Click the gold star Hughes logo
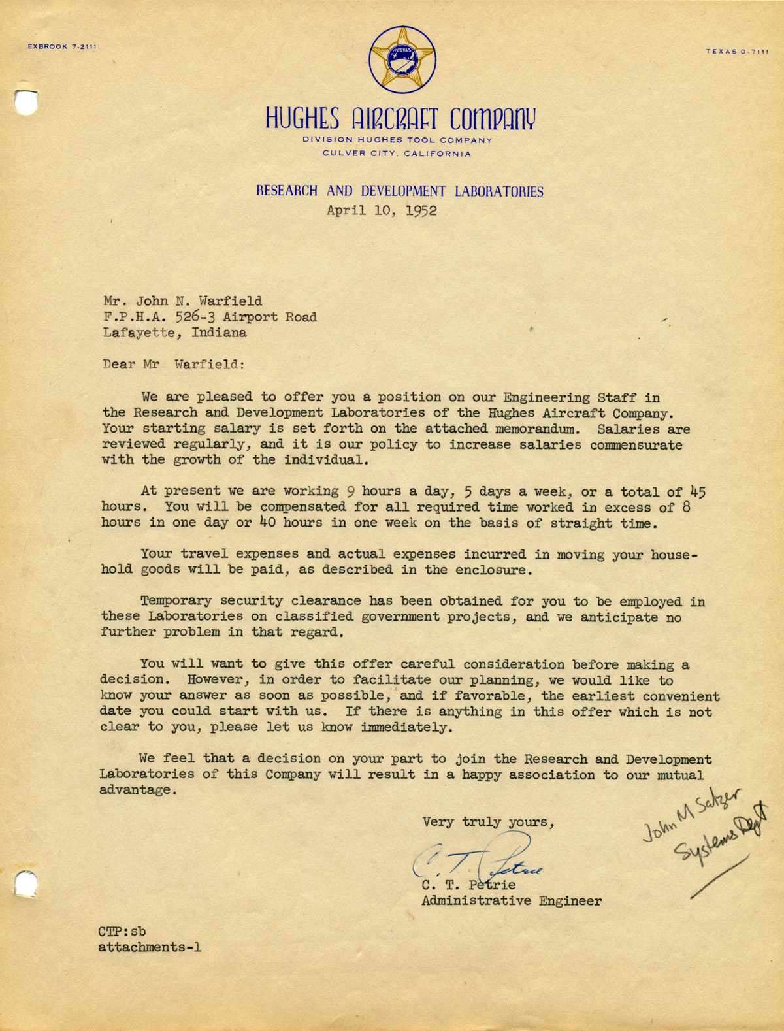coord(401,59)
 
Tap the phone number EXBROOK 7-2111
coord(62,47)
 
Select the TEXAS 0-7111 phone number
coord(737,52)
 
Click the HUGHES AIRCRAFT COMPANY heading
coord(400,119)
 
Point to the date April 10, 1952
coord(382,211)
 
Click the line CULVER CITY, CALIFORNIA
coord(397,154)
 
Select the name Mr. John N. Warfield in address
coord(182,301)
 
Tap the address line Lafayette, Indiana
coord(174,333)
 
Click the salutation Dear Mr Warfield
coord(173,365)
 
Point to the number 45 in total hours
coord(697,492)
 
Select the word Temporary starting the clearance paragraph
coord(176,600)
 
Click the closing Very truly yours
coord(488,823)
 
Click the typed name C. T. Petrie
coord(468,885)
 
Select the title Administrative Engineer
coord(512,901)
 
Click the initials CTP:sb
coord(122,932)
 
